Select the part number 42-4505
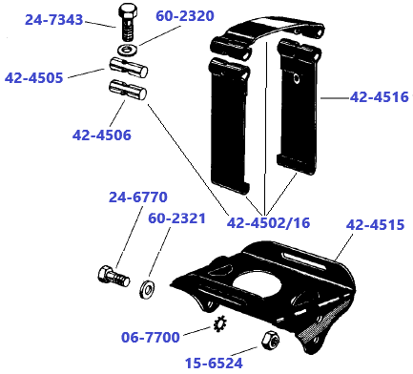[34, 78]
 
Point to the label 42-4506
[101, 135]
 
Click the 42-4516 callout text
[379, 96]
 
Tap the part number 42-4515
[375, 225]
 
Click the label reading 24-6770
[137, 197]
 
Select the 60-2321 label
[176, 218]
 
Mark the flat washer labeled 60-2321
[148, 285]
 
